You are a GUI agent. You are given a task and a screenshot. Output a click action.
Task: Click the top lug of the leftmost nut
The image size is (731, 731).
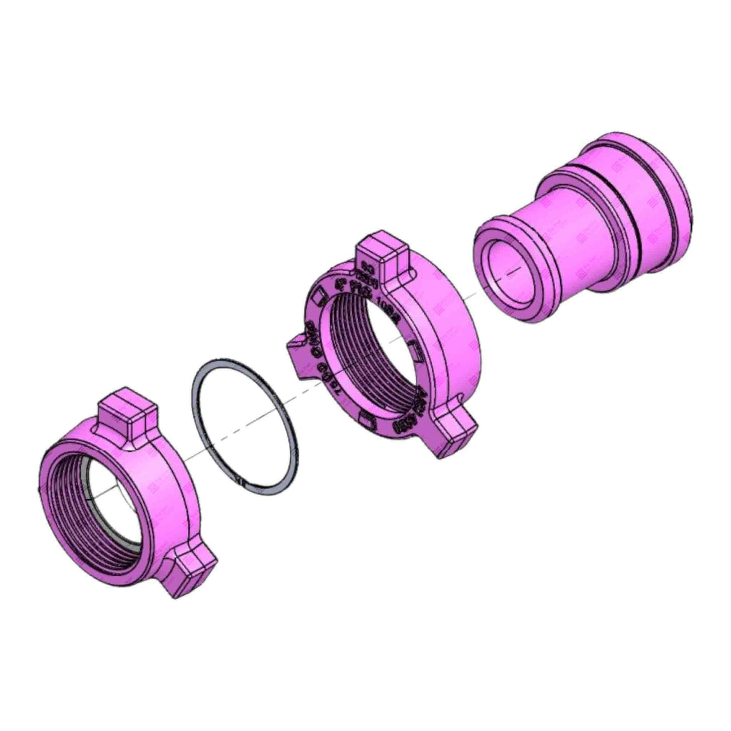(127, 415)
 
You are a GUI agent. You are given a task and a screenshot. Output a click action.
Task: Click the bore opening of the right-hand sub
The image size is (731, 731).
(509, 271)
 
